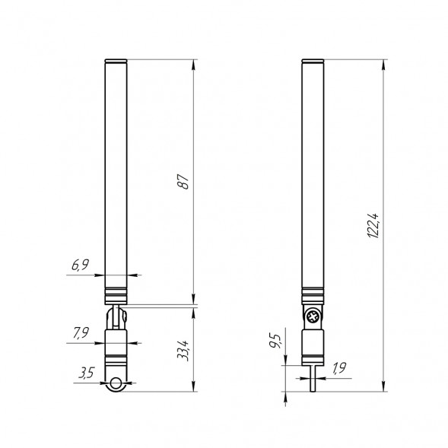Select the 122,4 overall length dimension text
point(372,226)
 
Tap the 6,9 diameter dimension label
point(81,265)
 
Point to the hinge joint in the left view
point(117,316)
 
